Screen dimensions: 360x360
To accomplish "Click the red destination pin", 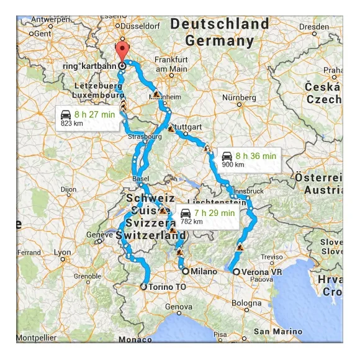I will (122, 52).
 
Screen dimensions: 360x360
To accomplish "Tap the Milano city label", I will (204, 271).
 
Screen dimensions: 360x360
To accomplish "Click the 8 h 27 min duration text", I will (94, 114).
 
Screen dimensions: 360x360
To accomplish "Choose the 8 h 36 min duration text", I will (256, 156).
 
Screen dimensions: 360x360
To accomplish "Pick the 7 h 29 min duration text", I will (214, 213).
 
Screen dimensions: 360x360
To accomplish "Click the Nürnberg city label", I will (238, 98).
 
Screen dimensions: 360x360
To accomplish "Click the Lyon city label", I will (62, 252).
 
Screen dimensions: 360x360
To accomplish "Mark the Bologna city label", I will (246, 302).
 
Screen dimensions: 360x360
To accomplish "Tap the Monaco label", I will (135, 340).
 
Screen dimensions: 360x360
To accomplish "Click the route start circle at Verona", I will (236, 272).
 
